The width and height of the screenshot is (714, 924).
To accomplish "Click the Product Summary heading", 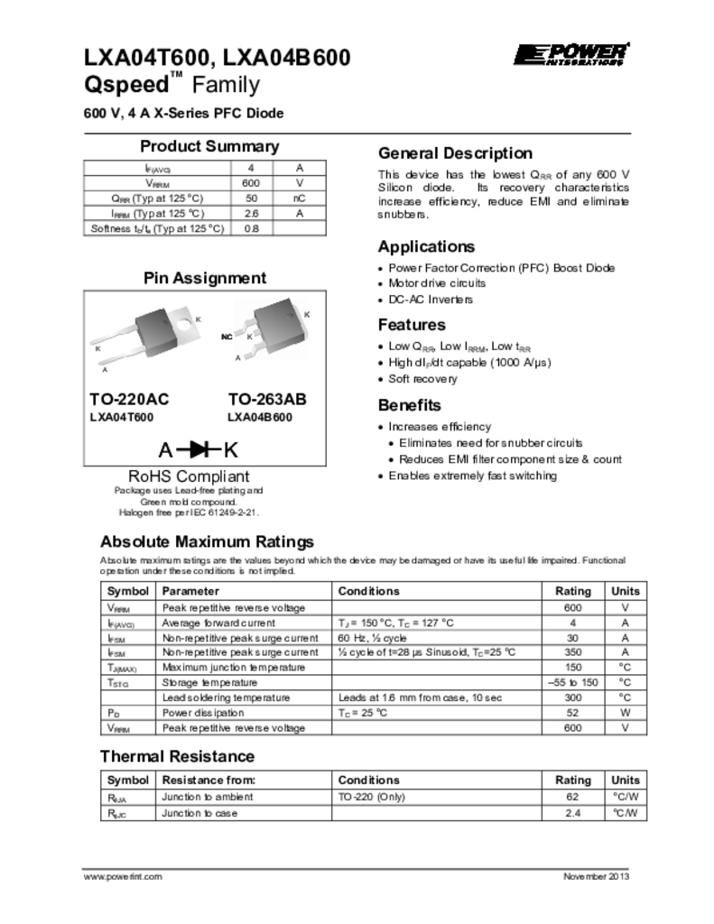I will (209, 147).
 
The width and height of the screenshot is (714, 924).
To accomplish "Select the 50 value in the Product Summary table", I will (252, 198).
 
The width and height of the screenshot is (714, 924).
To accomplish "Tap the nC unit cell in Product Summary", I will (299, 198).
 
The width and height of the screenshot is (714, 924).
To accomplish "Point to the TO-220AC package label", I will (129, 399).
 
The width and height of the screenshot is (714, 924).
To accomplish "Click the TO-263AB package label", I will (266, 399).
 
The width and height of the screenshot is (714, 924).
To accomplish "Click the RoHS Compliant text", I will (189, 476).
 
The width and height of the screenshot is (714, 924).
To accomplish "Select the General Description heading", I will (455, 153).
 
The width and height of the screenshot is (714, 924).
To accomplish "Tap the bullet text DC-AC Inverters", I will (430, 300).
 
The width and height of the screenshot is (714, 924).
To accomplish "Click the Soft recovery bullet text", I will (422, 379).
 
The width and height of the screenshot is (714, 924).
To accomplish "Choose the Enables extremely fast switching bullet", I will (472, 476).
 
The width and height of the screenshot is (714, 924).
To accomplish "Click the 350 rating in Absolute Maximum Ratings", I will (572, 651).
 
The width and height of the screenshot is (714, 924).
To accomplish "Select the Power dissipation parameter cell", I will (201, 713).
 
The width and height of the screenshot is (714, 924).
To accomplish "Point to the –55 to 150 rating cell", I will (572, 682).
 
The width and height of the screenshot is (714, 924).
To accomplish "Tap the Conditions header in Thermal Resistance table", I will (368, 780).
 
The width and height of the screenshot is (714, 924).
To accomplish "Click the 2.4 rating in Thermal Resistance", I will (572, 813).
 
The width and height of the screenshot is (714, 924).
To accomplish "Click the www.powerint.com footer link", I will (123, 877).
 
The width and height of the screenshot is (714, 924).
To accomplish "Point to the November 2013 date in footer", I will (596, 877).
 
